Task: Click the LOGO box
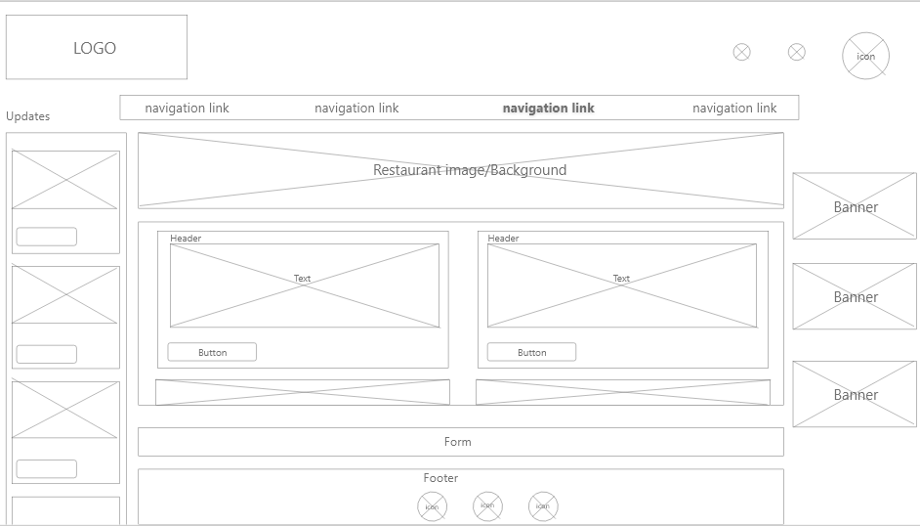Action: (96, 48)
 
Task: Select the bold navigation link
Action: (548, 109)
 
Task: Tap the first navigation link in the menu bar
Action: (187, 109)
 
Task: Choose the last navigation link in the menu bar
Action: (734, 109)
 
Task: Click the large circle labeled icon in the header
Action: (865, 56)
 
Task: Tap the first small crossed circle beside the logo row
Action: (741, 53)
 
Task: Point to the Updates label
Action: (27, 116)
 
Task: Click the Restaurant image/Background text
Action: (470, 170)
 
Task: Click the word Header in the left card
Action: (186, 239)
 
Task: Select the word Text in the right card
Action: (621, 279)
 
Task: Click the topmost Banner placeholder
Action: (855, 206)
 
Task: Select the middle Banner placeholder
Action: (855, 296)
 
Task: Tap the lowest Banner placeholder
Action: (855, 394)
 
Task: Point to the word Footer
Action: (440, 478)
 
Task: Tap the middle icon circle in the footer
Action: (487, 506)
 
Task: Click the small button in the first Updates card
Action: (46, 237)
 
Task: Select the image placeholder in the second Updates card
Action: (65, 295)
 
